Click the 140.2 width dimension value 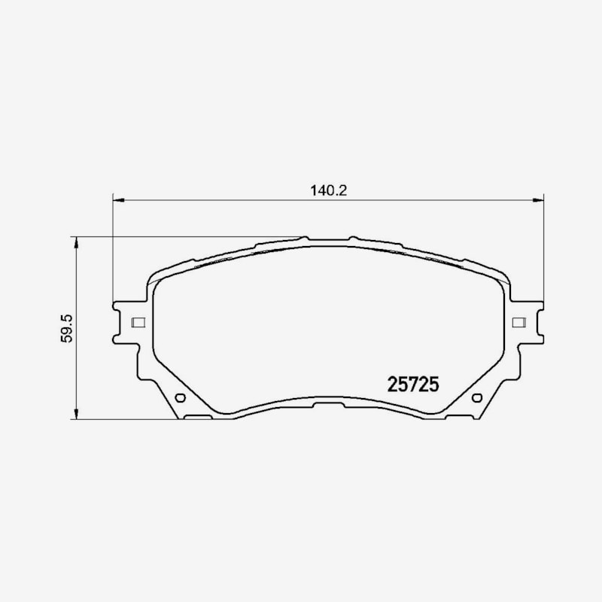(328, 190)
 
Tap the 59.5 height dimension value (66, 329)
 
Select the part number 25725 (412, 385)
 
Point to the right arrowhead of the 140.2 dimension (538, 200)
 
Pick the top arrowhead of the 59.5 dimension (77, 242)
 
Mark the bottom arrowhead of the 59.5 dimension (77, 413)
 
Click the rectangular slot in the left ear (138, 323)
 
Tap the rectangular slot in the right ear (519, 323)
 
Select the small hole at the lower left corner (180, 398)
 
